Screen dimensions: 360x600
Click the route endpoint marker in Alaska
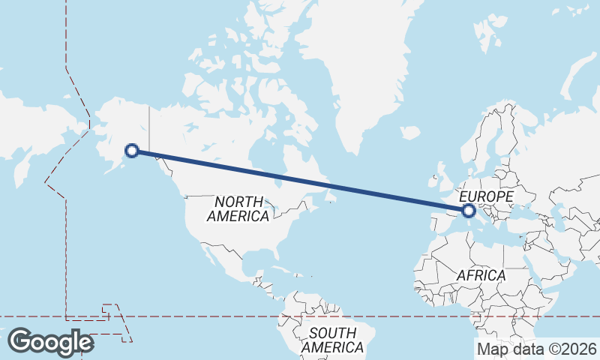tap(132, 151)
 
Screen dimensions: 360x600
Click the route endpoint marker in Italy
tap(469, 211)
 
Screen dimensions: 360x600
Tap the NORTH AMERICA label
tap(238, 209)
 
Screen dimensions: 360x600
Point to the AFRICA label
tap(481, 275)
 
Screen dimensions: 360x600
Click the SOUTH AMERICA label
tap(332, 340)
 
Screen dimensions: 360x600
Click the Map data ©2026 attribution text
tap(537, 349)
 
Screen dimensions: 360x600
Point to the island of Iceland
tap(410, 133)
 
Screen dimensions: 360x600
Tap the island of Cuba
tap(285, 268)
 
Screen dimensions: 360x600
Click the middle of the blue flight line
tap(301, 181)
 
